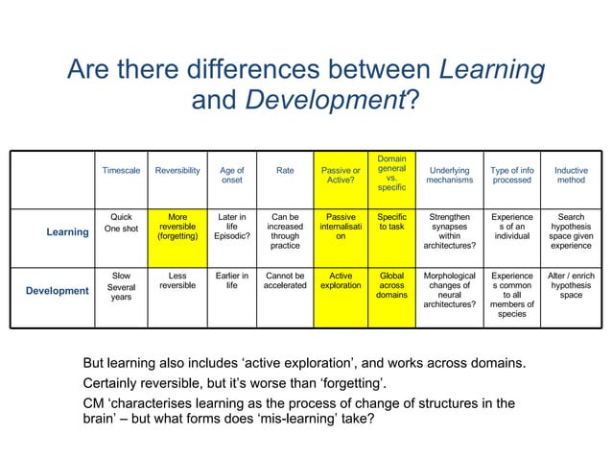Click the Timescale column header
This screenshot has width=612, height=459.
[x=122, y=171]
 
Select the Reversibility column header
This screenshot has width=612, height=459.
[x=177, y=171]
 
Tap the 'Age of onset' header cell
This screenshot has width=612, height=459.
[x=232, y=176]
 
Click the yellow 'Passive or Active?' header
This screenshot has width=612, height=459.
[x=341, y=176]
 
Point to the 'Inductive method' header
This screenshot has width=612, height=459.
[x=571, y=176]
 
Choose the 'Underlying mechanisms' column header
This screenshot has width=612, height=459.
[x=450, y=176]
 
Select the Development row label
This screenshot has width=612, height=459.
[x=57, y=290]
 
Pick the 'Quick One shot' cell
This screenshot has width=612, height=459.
[x=122, y=223]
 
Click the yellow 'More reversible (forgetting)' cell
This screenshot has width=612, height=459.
[x=177, y=227]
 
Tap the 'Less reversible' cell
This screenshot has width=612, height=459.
[x=177, y=280]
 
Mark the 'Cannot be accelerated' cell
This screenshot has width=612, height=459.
[x=286, y=280]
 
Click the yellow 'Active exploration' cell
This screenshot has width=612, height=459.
[x=341, y=280]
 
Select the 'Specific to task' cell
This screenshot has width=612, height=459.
[x=391, y=223]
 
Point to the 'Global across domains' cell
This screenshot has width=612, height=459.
[x=391, y=285]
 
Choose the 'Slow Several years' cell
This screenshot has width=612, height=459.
[x=122, y=286]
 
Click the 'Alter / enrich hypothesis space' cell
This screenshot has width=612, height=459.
[x=571, y=285]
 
